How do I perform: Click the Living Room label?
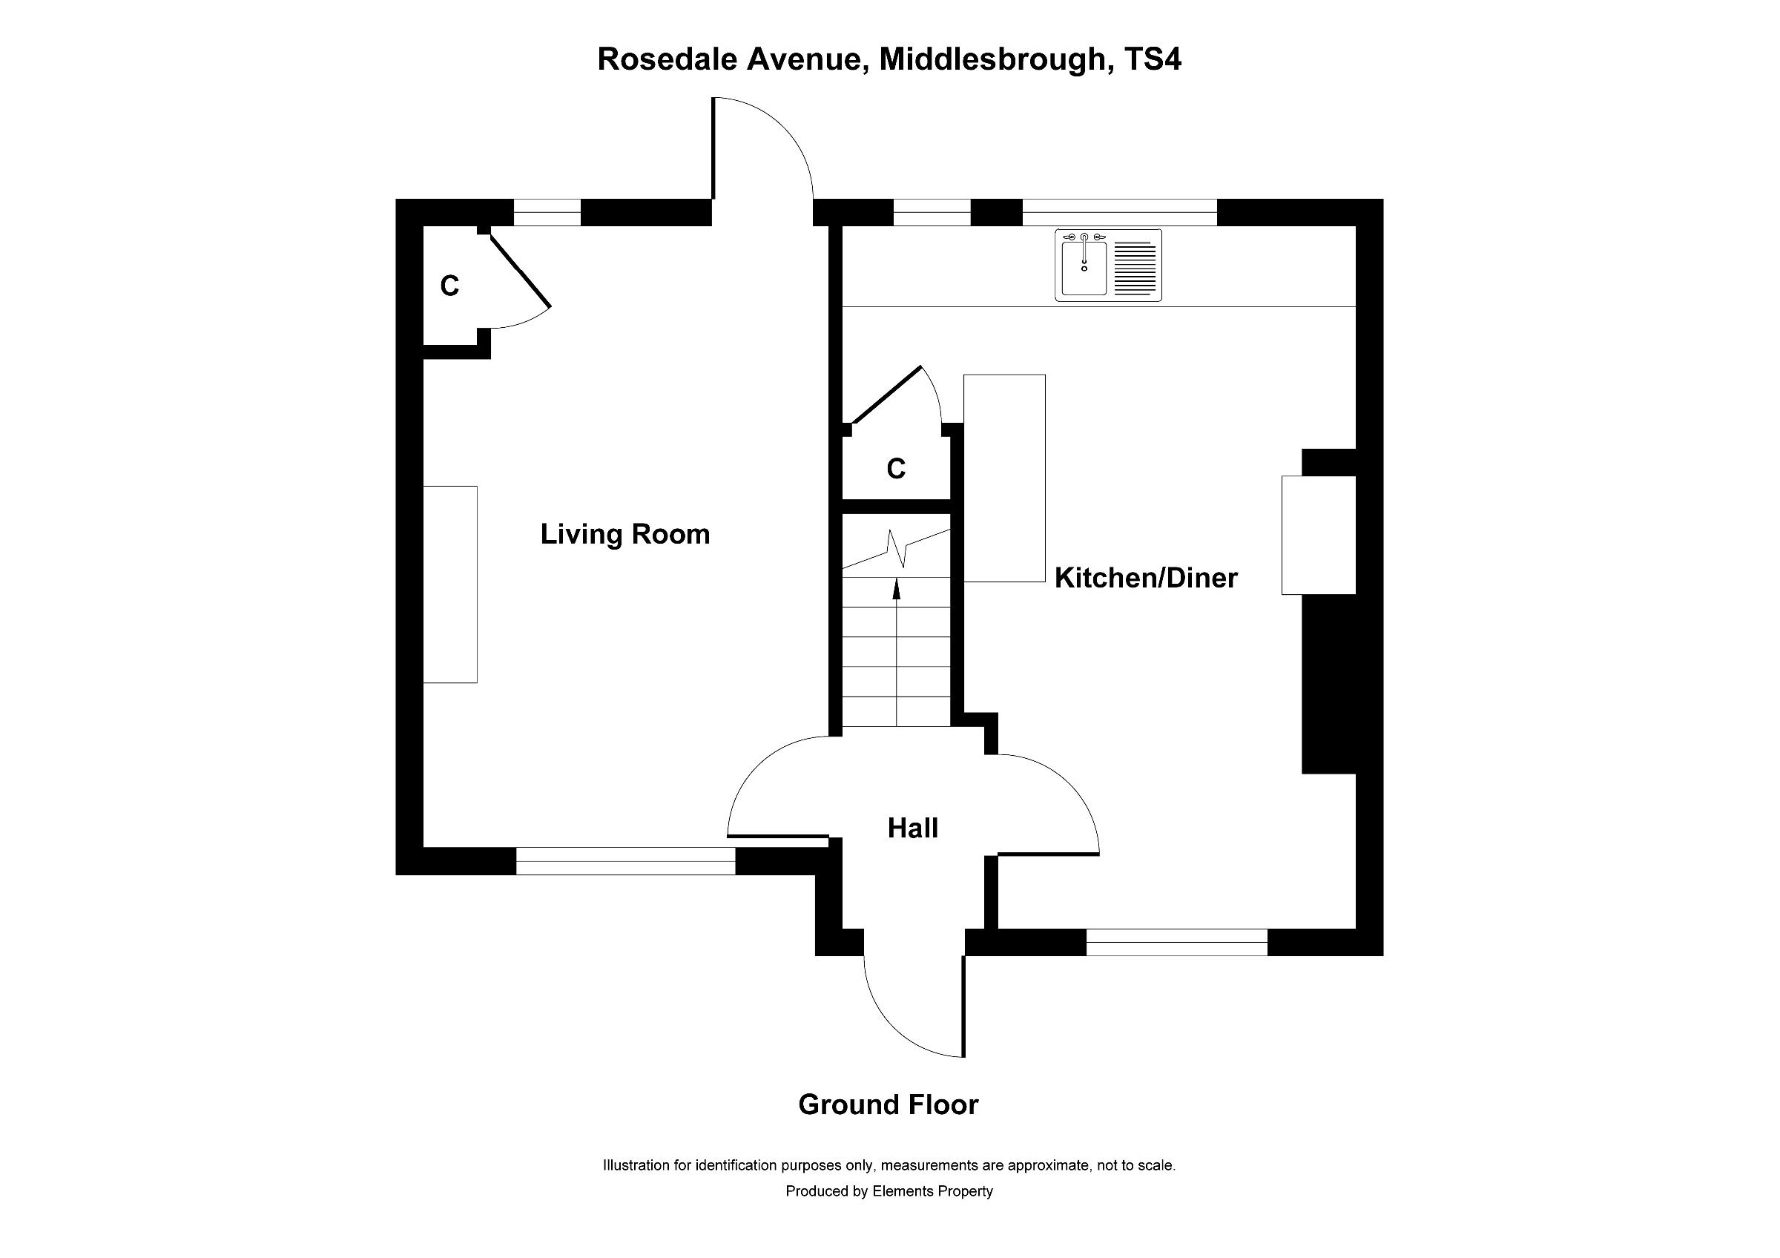[625, 535]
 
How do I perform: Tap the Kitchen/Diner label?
[1146, 579]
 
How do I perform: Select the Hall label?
[912, 829]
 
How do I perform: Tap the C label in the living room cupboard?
[449, 287]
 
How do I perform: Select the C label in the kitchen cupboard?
[896, 469]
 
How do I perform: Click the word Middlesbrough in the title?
[992, 59]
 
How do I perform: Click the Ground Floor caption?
[889, 1104]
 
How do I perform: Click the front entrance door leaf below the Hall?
[963, 1006]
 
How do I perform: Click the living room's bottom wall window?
[626, 861]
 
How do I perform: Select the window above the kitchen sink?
[1119, 212]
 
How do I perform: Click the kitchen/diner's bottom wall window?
[1176, 943]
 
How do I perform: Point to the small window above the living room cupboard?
[547, 212]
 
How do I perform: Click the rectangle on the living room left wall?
[450, 584]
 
